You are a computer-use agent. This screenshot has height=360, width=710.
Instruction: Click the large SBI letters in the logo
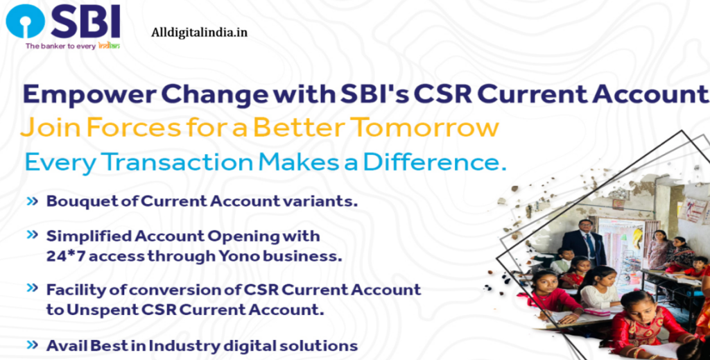tap(85, 22)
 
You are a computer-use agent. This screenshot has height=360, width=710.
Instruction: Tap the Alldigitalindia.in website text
tap(199, 33)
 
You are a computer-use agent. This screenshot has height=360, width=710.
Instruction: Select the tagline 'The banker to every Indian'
tap(73, 46)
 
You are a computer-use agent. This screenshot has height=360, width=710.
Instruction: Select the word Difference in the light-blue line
tap(433, 162)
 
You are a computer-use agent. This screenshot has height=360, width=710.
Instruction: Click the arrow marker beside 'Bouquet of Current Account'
tap(32, 201)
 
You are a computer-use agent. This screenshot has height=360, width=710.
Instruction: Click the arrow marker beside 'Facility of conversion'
tap(32, 288)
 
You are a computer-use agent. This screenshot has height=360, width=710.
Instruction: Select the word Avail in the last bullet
tap(64, 345)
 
